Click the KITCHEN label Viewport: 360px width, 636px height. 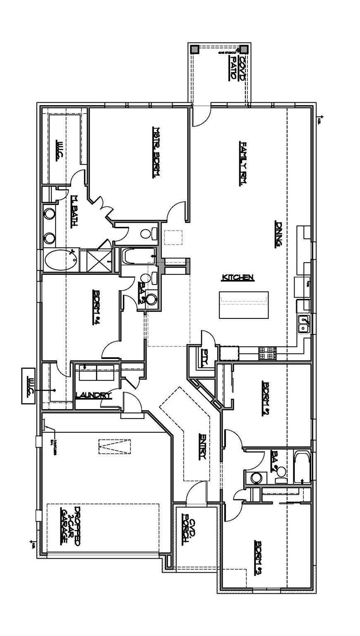pyautogui.click(x=238, y=277)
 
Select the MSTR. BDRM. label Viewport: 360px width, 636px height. pyautogui.click(x=156, y=152)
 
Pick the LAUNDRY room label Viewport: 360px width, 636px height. pyautogui.click(x=94, y=395)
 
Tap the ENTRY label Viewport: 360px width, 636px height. pyautogui.click(x=202, y=446)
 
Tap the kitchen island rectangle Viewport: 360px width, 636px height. pyautogui.click(x=244, y=305)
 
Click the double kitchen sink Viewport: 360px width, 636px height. pyautogui.click(x=304, y=324)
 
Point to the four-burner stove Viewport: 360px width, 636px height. pyautogui.click(x=267, y=353)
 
